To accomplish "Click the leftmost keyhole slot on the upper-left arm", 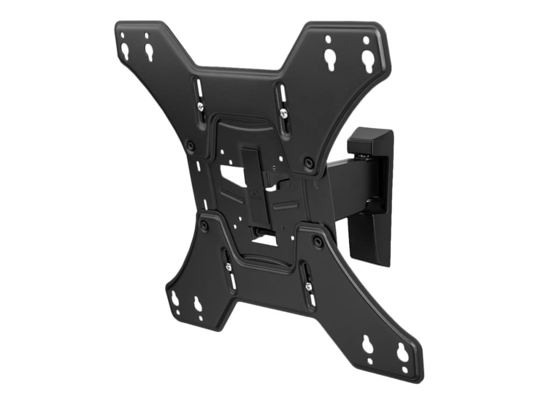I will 125,52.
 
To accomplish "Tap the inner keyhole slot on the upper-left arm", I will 148,52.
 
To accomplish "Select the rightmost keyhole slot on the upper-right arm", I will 367,61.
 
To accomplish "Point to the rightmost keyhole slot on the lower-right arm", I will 402,353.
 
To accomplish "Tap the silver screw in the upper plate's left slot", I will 200,106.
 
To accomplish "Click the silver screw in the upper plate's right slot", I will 283,113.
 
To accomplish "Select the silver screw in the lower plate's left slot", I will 228,267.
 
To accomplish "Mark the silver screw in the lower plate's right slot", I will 308,286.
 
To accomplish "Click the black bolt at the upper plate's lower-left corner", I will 190,145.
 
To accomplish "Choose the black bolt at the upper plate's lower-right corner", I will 308,162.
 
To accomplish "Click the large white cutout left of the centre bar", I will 232,176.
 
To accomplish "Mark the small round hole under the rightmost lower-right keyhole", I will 405,370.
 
